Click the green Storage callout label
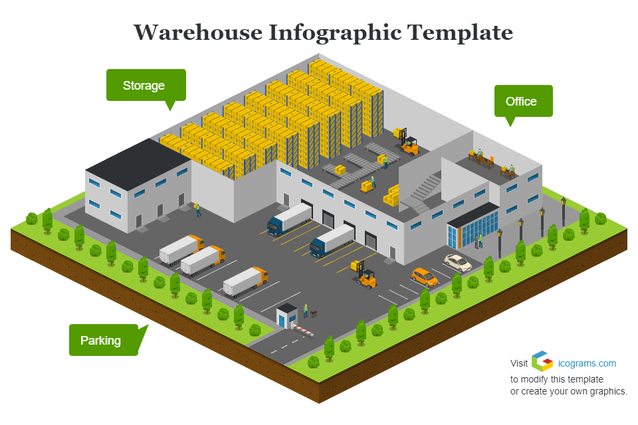pyautogui.click(x=145, y=85)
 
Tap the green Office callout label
pyautogui.click(x=522, y=101)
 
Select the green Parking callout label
pyautogui.click(x=102, y=341)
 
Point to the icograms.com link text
pyautogui.click(x=587, y=363)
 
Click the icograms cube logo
pyautogui.click(x=542, y=361)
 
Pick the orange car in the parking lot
pyautogui.click(x=425, y=276)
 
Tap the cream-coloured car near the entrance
pyautogui.click(x=458, y=262)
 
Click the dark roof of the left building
pyautogui.click(x=139, y=157)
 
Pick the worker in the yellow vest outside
pyautogui.click(x=197, y=209)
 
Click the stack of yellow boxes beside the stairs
pyautogui.click(x=392, y=195)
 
